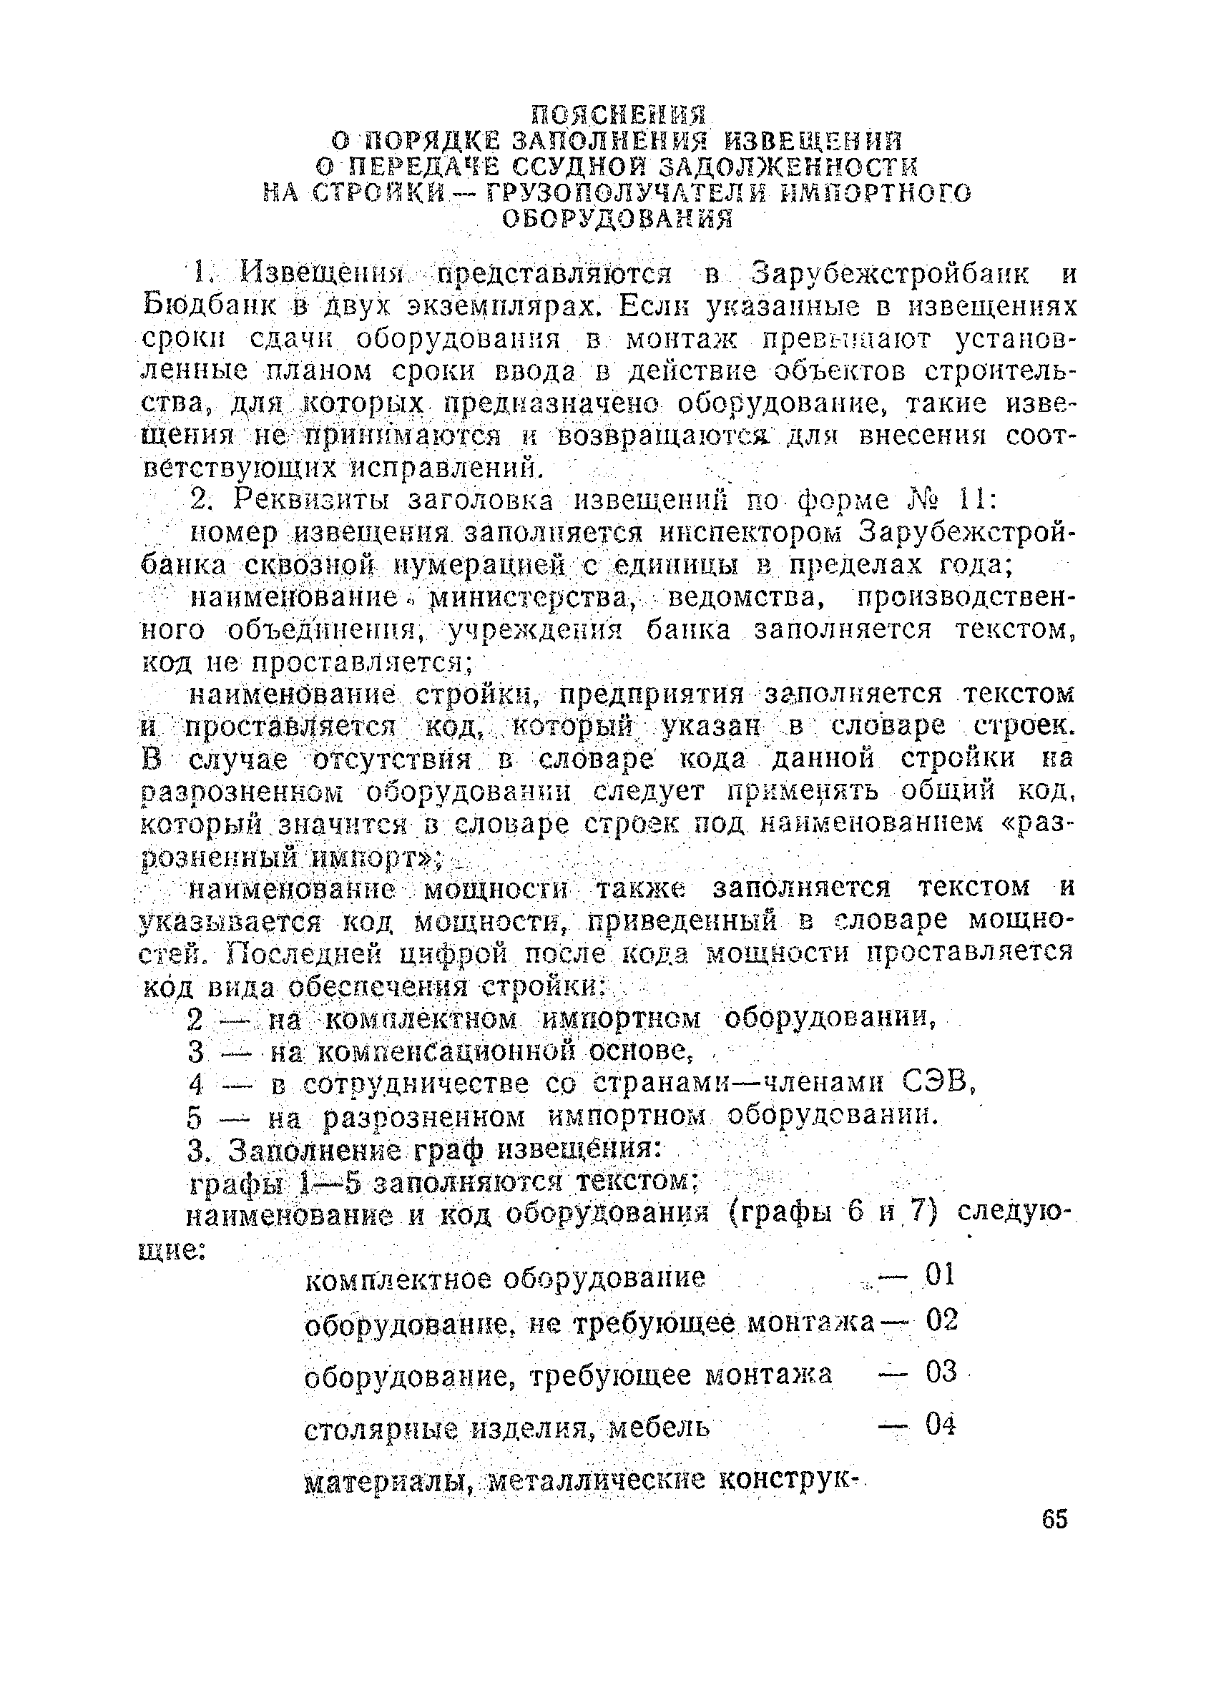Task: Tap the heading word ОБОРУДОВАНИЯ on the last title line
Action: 618,219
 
